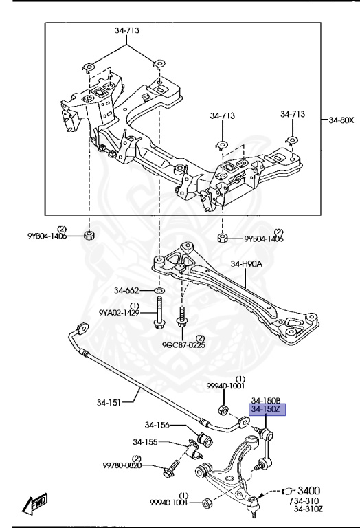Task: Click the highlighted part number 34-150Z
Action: [267, 410]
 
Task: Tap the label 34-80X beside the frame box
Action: [341, 120]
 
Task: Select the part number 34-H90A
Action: [246, 264]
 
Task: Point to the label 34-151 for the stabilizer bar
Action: [109, 402]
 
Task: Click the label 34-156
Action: [157, 425]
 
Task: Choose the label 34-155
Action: [145, 442]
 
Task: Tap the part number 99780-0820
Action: [122, 465]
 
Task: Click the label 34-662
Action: [126, 290]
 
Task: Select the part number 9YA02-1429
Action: [119, 313]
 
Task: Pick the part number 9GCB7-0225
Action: [183, 345]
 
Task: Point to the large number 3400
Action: [309, 491]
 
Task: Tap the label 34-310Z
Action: [308, 509]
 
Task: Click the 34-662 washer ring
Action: [159, 290]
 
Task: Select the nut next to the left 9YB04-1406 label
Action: [89, 235]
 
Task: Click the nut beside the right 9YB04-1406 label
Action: [223, 238]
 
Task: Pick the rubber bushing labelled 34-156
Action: [205, 439]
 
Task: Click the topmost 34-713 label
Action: [127, 30]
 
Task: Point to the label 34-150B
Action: [266, 401]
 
